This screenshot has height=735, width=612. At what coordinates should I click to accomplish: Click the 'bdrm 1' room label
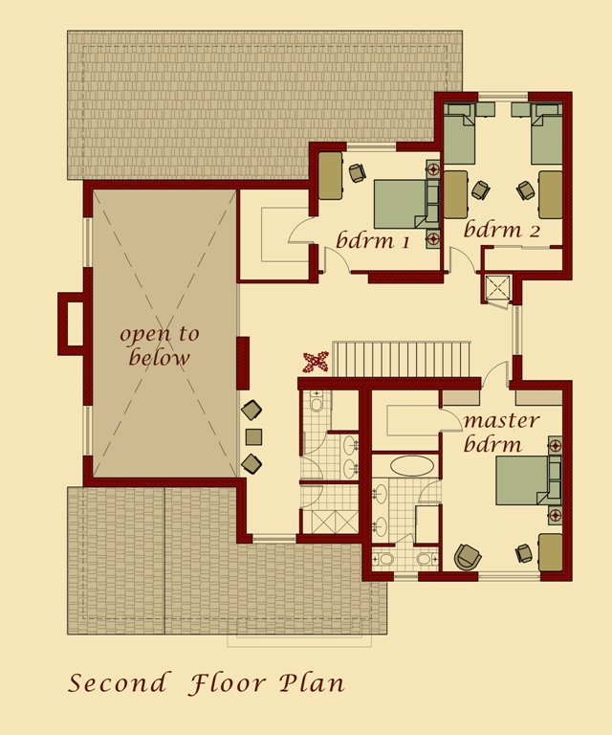[372, 240]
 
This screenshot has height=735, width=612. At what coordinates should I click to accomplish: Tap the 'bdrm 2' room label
[502, 230]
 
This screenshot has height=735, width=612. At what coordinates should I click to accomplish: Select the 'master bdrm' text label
[501, 433]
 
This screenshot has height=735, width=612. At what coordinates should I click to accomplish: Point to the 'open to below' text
[159, 346]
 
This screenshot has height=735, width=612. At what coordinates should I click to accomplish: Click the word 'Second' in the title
[116, 683]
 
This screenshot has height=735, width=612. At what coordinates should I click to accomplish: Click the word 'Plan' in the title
[312, 683]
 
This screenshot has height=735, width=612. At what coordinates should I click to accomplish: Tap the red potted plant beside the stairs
[316, 362]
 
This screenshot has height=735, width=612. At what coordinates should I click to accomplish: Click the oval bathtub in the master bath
[413, 467]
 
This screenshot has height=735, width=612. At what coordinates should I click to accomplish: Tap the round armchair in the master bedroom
[468, 556]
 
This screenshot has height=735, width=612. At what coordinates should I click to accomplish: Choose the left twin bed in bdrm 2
[460, 137]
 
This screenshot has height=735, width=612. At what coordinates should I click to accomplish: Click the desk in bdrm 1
[330, 174]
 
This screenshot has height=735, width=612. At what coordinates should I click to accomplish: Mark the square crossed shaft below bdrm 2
[498, 287]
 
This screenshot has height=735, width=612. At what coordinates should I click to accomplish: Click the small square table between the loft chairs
[253, 437]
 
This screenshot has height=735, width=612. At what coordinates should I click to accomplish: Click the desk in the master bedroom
[550, 552]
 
